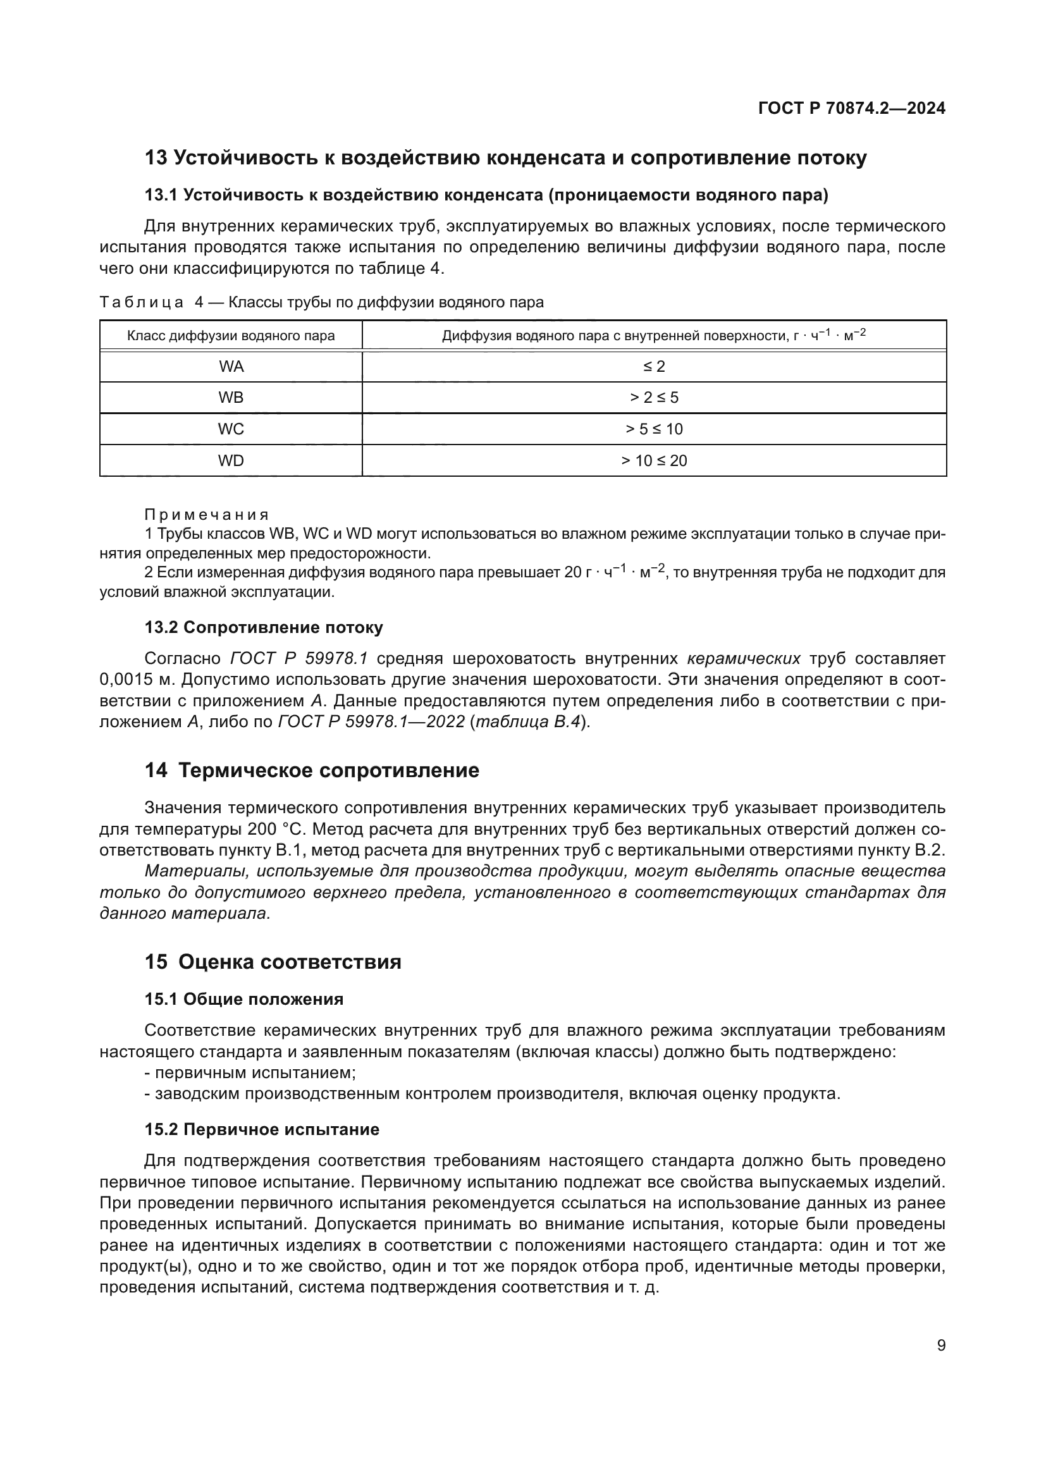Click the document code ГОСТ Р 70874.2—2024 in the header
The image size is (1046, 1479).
pos(851,108)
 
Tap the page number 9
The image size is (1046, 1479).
pos(941,1345)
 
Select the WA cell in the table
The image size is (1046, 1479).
pos(231,367)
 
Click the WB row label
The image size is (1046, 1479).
pos(231,398)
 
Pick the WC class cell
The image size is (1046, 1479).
pos(231,429)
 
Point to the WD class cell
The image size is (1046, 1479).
pos(231,460)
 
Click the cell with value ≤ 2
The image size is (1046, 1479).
pos(654,367)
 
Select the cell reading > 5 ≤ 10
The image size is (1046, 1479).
pos(654,429)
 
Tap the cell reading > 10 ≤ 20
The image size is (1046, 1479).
pos(654,460)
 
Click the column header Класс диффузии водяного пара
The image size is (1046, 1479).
pos(231,336)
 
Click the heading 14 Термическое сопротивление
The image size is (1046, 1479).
pos(312,770)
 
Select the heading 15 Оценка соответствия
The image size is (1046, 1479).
pos(273,962)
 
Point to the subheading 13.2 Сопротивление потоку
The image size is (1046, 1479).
pos(264,627)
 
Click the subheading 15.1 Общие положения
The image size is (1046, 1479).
pos(243,999)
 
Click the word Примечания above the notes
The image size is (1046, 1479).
pos(206,515)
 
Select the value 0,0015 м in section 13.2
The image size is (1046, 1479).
pos(137,680)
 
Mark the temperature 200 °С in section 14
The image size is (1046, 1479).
pos(276,828)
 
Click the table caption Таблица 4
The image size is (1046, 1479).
pos(151,302)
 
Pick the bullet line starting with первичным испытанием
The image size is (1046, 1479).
pos(250,1072)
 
